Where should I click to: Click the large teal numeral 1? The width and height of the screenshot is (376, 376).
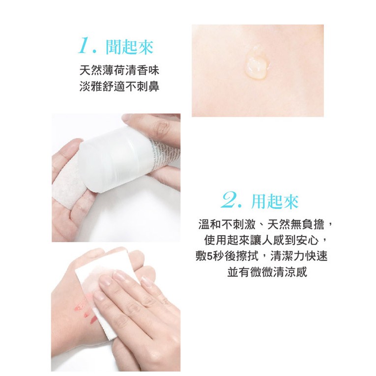coord(85,46)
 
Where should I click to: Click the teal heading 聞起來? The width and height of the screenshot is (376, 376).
coord(129,47)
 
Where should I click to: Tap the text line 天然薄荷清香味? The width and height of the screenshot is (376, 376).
coord(119,70)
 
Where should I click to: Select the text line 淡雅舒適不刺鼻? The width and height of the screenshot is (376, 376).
coord(119,87)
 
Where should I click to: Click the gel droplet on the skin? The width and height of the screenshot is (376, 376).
coord(257,65)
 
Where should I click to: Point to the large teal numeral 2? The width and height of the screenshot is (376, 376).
coord(230,201)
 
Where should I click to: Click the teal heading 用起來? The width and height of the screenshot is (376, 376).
coord(275,201)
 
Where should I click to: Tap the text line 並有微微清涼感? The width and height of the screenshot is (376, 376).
coord(267,272)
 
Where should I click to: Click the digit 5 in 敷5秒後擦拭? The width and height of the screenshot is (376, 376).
coord(209,257)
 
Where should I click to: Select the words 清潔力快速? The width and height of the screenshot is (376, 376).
coord(299,256)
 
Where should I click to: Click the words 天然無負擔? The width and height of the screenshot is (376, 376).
coord(296,225)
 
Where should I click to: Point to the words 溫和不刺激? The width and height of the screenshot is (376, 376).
coord(227,225)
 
